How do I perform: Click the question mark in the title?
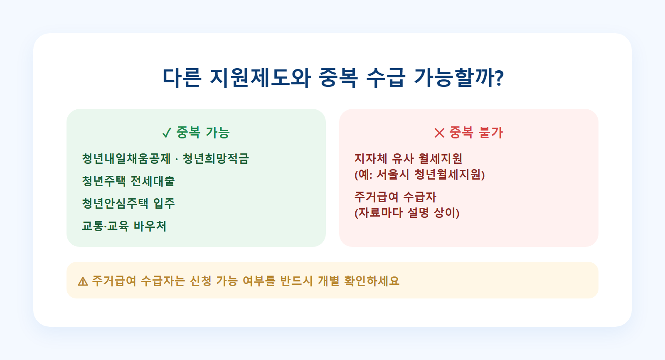click(500, 78)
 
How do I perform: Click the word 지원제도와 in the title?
click(260, 78)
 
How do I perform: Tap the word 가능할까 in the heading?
click(455, 78)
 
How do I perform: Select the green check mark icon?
click(167, 133)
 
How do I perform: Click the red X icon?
click(439, 133)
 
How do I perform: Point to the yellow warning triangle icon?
click(83, 281)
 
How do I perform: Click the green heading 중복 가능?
click(203, 133)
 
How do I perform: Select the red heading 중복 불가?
click(476, 133)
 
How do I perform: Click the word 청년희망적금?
click(216, 159)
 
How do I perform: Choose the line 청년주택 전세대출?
click(128, 181)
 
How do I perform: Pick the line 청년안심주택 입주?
click(128, 203)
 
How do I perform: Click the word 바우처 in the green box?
click(150, 226)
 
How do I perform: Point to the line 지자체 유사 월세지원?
click(408, 159)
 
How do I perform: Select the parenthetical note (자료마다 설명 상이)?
click(407, 213)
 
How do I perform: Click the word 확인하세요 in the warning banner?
click(372, 281)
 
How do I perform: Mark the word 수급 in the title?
click(385, 78)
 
